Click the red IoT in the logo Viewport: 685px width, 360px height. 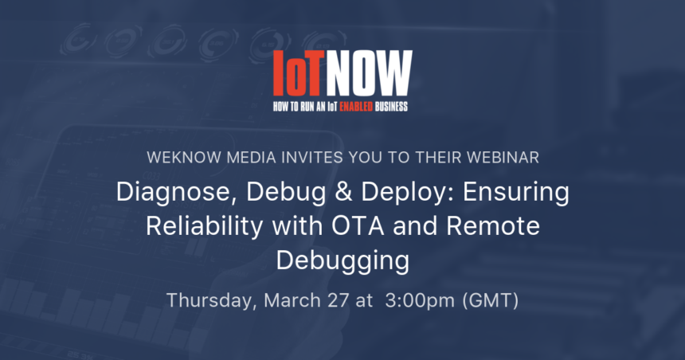299,73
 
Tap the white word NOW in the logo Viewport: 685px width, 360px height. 369,73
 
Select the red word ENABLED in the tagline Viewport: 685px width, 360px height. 356,107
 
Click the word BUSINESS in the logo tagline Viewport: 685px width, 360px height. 391,107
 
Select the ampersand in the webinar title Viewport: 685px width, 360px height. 344,192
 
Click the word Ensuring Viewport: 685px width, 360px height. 516,193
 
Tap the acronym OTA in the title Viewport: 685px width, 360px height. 358,226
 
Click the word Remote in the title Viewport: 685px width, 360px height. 493,226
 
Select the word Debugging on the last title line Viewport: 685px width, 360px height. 343,261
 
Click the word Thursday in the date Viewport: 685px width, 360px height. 212,300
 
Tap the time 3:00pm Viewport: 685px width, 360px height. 420,301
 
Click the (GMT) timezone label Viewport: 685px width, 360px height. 490,300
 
